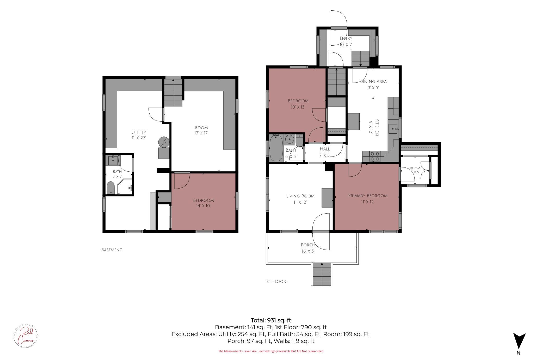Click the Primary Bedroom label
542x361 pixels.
(x=368, y=198)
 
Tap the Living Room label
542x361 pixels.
(x=300, y=199)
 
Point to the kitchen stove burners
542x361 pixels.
(x=375, y=156)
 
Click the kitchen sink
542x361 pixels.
(x=393, y=129)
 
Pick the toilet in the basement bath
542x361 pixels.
(x=111, y=188)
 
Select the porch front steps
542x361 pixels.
(x=322, y=274)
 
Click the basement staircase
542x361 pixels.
(x=173, y=93)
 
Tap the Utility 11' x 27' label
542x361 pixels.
(x=139, y=135)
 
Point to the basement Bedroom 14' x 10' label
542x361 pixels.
(x=204, y=203)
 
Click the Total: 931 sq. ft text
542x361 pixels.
(x=271, y=320)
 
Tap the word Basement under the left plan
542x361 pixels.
(x=112, y=250)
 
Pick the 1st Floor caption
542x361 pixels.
(x=275, y=282)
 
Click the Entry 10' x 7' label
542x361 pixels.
(x=346, y=41)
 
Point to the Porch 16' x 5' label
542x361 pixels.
(x=308, y=248)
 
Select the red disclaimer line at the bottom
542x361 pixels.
(x=271, y=351)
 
